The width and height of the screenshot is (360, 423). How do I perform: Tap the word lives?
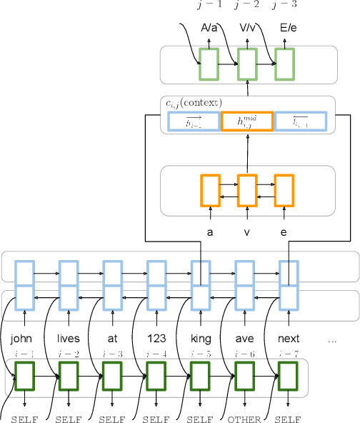point(69,339)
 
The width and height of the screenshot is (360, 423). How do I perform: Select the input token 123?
point(156,339)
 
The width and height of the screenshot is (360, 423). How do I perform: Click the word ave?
point(244,339)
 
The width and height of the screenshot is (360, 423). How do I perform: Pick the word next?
point(288,339)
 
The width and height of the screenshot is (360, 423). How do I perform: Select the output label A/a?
point(209,29)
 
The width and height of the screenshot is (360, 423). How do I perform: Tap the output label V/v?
point(247,29)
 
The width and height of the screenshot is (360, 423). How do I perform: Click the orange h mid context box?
point(246,122)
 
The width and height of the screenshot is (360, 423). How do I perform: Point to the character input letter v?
point(247,232)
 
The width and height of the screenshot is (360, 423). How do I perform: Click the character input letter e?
point(285,232)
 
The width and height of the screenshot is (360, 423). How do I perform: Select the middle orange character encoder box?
point(246,191)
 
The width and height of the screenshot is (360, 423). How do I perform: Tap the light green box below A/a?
point(209,64)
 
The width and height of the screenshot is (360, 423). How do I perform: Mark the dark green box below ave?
point(244,374)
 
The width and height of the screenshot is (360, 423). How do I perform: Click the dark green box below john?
point(24,374)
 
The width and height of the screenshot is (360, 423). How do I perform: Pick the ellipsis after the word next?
point(331,340)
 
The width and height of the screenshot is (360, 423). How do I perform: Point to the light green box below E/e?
point(285,64)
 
